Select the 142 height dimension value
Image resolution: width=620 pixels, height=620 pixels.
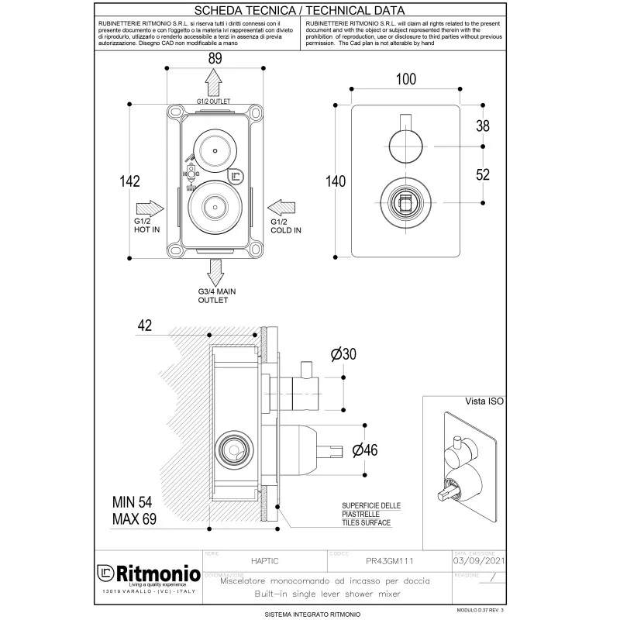pyautogui.click(x=129, y=181)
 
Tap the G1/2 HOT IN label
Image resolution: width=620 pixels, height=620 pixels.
pyautogui.click(x=147, y=226)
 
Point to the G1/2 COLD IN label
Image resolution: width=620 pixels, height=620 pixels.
pyautogui.click(x=285, y=226)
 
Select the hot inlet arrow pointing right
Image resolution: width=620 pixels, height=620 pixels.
pyautogui.click(x=150, y=208)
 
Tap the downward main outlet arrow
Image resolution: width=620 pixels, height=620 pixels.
pyautogui.click(x=215, y=272)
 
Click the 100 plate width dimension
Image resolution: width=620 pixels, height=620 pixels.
pyautogui.click(x=405, y=79)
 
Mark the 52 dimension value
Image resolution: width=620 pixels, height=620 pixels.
pyautogui.click(x=482, y=175)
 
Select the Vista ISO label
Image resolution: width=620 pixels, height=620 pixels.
pyautogui.click(x=484, y=401)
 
